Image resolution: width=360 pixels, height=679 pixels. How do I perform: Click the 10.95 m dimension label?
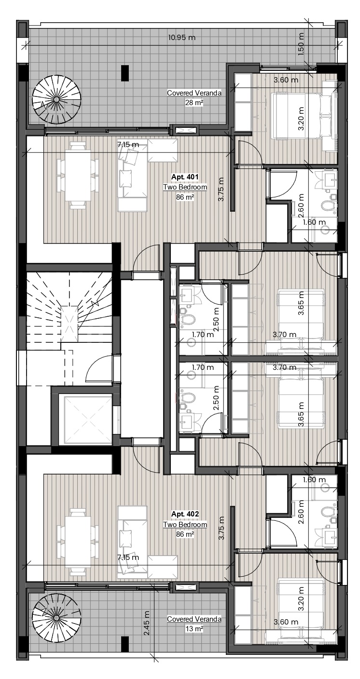[181, 37]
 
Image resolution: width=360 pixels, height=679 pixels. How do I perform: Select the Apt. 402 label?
[185, 514]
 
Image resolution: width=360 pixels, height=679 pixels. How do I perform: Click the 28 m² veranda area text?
[194, 103]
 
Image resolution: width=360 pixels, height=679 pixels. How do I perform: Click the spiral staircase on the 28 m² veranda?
[57, 100]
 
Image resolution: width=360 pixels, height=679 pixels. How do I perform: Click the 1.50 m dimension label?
[301, 44]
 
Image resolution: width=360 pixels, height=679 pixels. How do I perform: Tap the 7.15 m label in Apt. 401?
[128, 145]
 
